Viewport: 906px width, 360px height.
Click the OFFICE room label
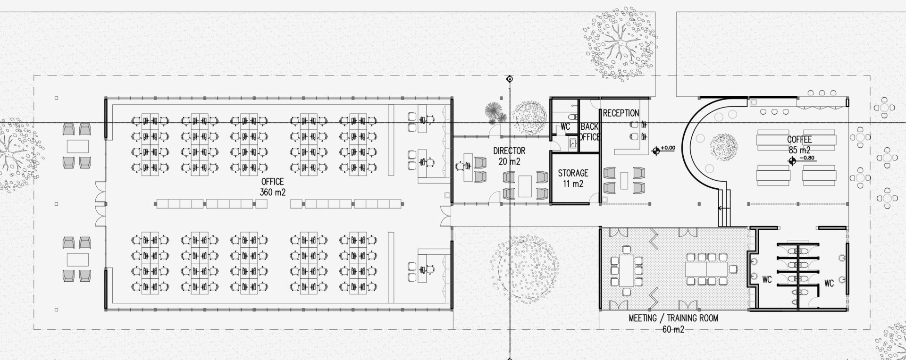pos(273,182)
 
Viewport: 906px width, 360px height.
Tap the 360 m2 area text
pos(273,192)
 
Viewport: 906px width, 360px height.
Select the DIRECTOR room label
pos(509,151)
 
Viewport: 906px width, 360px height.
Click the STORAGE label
pos(573,173)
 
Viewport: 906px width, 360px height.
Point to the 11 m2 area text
pos(573,184)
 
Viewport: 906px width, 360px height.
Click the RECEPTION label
pos(621,113)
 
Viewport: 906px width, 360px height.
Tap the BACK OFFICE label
pos(589,132)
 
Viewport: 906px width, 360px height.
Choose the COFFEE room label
pos(799,140)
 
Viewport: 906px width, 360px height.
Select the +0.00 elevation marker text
pos(668,148)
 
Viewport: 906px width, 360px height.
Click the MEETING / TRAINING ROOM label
pos(673,318)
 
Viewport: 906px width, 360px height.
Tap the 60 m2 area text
pos(673,329)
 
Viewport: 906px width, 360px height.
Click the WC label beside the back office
pos(565,127)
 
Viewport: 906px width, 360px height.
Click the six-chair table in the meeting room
pos(626,271)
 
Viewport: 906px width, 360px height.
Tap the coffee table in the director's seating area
pos(526,186)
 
